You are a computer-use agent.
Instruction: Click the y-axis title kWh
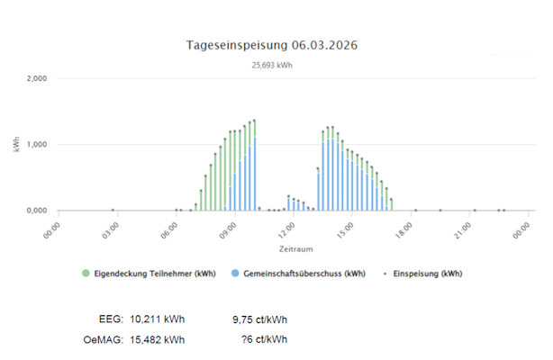click(17, 145)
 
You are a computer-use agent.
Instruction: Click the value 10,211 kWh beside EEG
click(158, 319)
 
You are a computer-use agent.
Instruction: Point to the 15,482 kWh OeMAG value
click(158, 339)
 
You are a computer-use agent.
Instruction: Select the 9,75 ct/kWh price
click(260, 319)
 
